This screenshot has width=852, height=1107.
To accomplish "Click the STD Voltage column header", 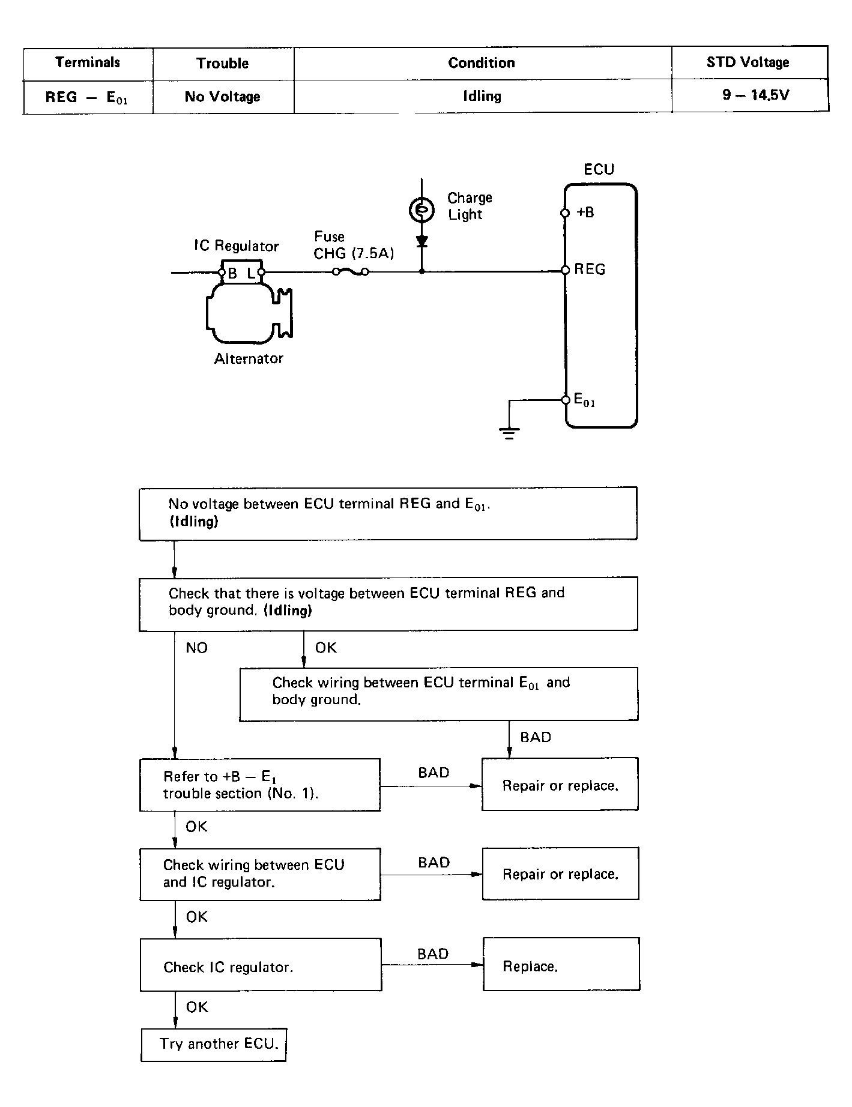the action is point(748,62).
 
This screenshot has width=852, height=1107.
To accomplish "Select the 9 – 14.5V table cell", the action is point(755,95).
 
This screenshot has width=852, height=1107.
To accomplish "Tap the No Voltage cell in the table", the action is point(222,97).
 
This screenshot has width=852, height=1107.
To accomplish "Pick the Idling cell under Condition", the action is point(482,96).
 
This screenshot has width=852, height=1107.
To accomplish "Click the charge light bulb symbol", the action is point(421,210).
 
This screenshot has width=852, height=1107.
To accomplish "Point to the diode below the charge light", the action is point(421,241).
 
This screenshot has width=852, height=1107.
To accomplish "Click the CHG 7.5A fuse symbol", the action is point(351,272).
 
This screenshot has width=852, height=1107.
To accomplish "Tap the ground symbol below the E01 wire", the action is point(509,432).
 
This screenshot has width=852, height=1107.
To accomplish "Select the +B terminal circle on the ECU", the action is point(565,213).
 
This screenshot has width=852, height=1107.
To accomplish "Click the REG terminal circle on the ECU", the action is point(565,270).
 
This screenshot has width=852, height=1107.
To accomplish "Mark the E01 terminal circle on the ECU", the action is point(566,400).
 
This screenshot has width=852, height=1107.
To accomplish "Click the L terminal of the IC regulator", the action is point(261,273).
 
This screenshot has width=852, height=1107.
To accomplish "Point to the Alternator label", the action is point(249,358).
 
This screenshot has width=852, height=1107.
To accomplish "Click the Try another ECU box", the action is point(214,1045).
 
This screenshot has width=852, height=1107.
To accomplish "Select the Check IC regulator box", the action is point(261,965).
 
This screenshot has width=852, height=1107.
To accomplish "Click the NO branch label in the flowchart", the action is point(197,648).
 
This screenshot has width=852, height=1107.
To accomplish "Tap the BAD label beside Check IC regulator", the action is point(433,954).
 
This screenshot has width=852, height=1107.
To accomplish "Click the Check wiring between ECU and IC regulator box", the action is point(261,874).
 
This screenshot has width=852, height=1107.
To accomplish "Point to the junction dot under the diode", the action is point(421,271).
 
